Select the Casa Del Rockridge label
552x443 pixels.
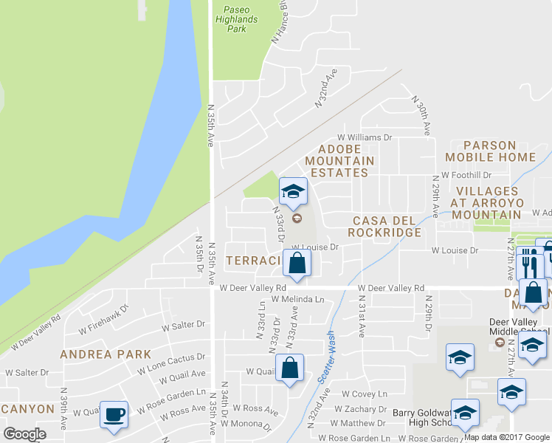387,226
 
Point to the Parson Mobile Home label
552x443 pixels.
490,151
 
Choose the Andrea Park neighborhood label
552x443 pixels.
106,354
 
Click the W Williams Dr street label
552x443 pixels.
364,137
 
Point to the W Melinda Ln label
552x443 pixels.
297,300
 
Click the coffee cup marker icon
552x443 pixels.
114,414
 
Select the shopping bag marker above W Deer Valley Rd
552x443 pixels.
297,263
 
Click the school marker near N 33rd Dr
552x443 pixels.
293,191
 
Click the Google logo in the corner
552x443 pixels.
25,434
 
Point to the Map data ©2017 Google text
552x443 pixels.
507,437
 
